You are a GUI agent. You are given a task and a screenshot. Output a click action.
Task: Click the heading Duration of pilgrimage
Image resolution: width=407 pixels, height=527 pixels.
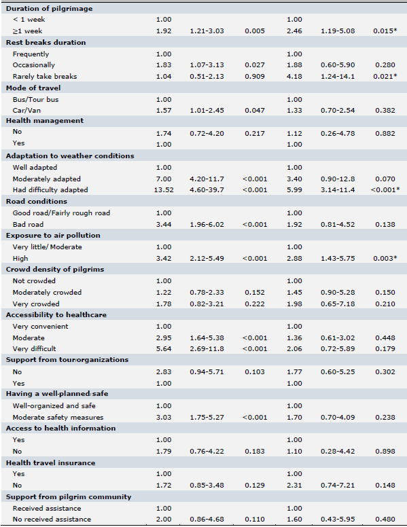tap(49, 9)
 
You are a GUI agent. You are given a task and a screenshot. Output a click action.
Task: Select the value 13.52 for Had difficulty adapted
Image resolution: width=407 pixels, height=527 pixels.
tap(164, 190)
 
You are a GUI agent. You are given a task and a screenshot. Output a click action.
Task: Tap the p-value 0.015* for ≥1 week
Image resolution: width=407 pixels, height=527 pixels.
tap(385, 31)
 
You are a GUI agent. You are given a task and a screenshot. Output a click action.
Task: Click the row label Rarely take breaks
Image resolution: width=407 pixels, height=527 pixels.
tap(45, 77)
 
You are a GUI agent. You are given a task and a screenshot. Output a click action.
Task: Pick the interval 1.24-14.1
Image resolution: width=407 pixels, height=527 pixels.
tap(338, 77)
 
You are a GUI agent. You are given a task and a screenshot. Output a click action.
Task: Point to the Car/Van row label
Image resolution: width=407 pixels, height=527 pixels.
tap(26, 111)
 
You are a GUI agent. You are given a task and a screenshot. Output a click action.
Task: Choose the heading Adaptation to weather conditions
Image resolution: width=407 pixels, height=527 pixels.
tap(70, 156)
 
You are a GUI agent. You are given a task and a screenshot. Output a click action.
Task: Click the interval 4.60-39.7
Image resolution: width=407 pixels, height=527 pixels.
tap(207, 190)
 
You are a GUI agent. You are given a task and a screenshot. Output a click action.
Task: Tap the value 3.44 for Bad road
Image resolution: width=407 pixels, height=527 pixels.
tap(164, 225)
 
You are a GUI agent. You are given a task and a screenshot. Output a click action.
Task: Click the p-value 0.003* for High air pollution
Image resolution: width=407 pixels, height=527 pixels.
tap(385, 259)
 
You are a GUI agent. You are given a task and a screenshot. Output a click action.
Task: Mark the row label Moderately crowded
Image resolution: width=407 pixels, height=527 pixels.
tap(47, 293)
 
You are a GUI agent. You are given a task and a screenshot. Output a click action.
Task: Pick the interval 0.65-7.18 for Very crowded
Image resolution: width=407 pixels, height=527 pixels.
tap(338, 304)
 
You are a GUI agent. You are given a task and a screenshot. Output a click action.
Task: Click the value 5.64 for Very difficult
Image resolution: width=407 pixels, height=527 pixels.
tap(164, 349)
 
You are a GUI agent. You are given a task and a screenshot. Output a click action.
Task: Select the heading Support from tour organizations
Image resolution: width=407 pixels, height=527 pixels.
tap(67, 360)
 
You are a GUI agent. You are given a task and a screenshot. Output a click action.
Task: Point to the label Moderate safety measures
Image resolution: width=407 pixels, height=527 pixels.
tap(58, 418)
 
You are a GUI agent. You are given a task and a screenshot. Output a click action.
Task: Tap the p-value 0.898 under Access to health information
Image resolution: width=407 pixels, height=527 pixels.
tap(385, 452)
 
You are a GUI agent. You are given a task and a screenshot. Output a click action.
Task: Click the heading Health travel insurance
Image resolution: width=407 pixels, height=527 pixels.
tap(50, 463)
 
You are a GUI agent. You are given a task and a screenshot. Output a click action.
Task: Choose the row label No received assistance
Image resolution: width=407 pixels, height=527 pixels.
tap(52, 520)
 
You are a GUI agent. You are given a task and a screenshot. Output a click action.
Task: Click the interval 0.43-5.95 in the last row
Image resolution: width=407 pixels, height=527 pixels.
tap(338, 520)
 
